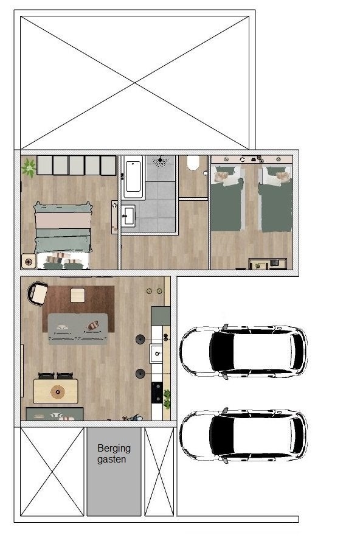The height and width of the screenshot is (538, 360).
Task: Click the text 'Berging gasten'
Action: click(114, 454)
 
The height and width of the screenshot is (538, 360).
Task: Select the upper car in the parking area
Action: click(243, 351)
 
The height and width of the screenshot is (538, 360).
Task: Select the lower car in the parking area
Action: click(243, 434)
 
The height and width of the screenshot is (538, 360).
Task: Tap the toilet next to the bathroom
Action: click(193, 162)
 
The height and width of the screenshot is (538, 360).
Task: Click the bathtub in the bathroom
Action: click(133, 176)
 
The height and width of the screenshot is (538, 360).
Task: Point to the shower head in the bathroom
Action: click(160, 161)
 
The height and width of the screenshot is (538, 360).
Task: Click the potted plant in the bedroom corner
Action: click(29, 167)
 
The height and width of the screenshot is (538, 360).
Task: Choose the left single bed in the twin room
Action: click(227, 198)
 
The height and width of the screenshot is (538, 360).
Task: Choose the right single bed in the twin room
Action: click(276, 198)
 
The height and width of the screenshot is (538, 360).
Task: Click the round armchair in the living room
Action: click(37, 293)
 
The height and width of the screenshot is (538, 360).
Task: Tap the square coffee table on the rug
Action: click(77, 295)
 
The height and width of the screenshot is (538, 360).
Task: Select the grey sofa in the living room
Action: click(78, 329)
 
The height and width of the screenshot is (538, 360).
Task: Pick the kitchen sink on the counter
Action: click(157, 353)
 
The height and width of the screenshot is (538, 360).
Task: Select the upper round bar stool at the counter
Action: click(140, 339)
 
